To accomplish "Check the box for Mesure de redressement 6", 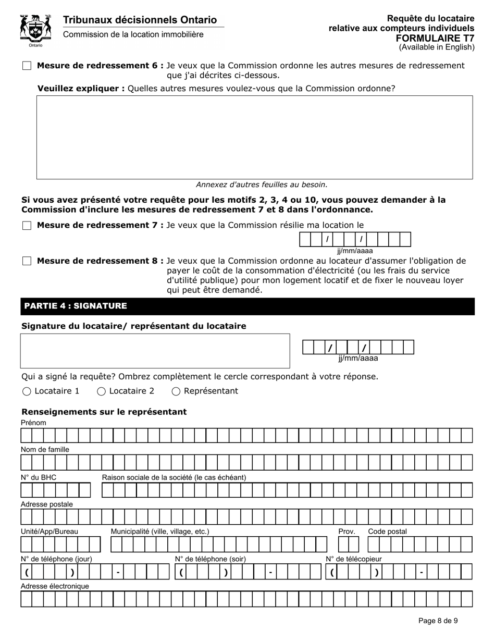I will pos(27,66).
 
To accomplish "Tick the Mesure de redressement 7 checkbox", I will pos(27,226).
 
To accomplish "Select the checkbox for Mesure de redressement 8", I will pos(27,261).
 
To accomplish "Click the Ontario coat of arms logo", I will pos(35,30).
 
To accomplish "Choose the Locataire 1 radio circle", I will pos(27,391).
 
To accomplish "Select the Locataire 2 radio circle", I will pos(102,391).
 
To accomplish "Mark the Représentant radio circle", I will pos(176,391).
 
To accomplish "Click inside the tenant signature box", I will pos(155,351).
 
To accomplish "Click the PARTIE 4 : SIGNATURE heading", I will pos(76,306).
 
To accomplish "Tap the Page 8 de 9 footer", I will pos(438,621).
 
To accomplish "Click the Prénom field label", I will pos(33,423).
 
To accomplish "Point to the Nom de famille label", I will pos(45,449).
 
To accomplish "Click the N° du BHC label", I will pos(39,477).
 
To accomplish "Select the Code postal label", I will pos(387,532).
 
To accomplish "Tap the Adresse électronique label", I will pos(55,586).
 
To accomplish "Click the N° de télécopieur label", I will pos(354,559).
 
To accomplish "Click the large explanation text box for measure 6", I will pos(254,137).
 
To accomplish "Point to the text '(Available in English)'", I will pos(437,47).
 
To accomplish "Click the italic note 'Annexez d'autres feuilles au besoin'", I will pos(262,184).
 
